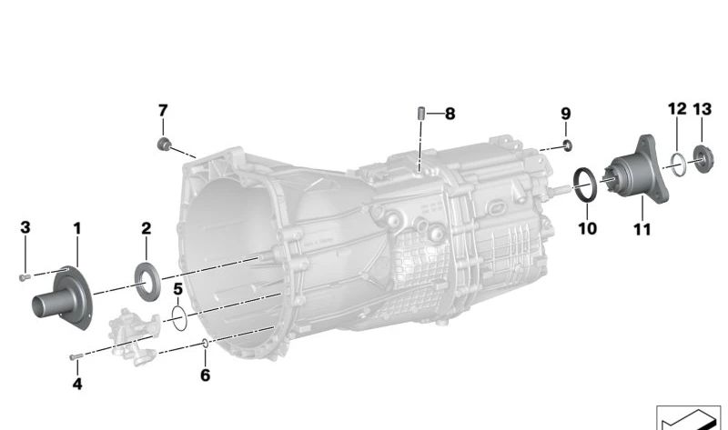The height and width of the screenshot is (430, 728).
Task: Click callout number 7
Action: click(163, 110)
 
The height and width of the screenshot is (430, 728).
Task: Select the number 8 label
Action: click(450, 114)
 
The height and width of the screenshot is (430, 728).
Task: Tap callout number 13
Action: click(702, 109)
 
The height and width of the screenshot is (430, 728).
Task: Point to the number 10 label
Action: click(587, 228)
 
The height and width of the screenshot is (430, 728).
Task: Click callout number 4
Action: click(77, 384)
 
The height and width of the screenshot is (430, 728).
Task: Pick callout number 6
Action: click(206, 375)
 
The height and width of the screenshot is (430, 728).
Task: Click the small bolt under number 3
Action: click(25, 277)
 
